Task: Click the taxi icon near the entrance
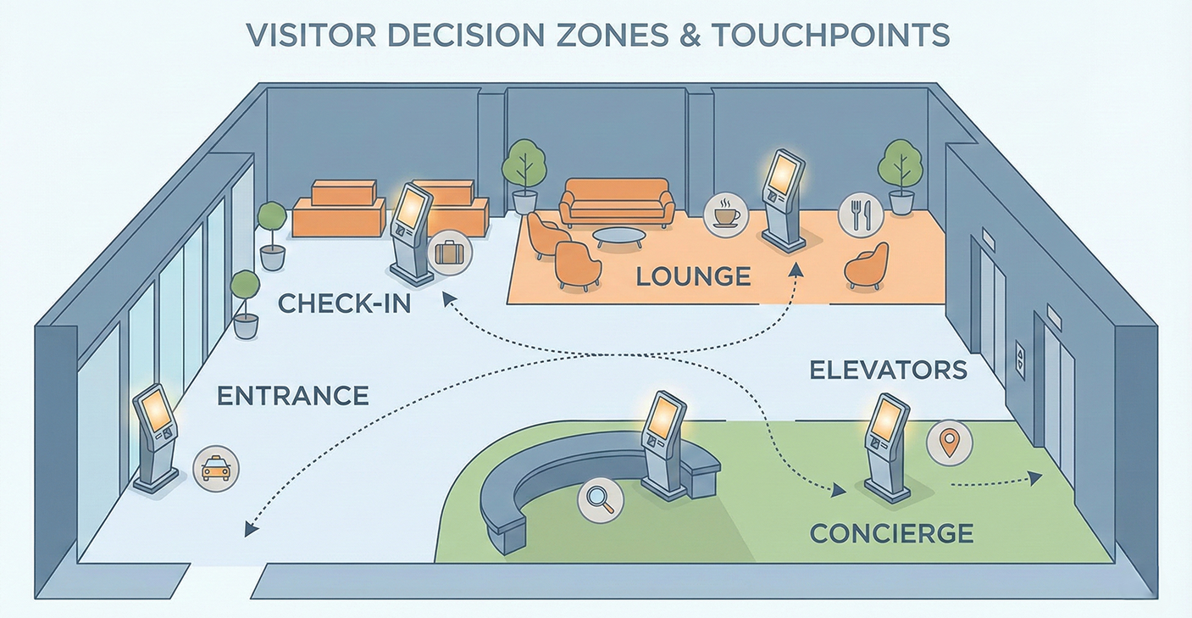(x=216, y=467)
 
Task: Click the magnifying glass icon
(x=600, y=498)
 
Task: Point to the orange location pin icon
(x=950, y=443)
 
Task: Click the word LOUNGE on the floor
(x=693, y=276)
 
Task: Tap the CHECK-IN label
(x=344, y=303)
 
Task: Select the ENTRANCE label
(x=293, y=395)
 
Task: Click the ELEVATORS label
(x=888, y=370)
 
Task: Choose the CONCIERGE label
(x=891, y=533)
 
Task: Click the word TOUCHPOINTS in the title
(x=829, y=36)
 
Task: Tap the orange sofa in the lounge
(x=618, y=202)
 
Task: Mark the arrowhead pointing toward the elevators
(x=1035, y=478)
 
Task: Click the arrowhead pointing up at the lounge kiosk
(x=796, y=270)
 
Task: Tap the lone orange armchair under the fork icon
(x=867, y=266)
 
